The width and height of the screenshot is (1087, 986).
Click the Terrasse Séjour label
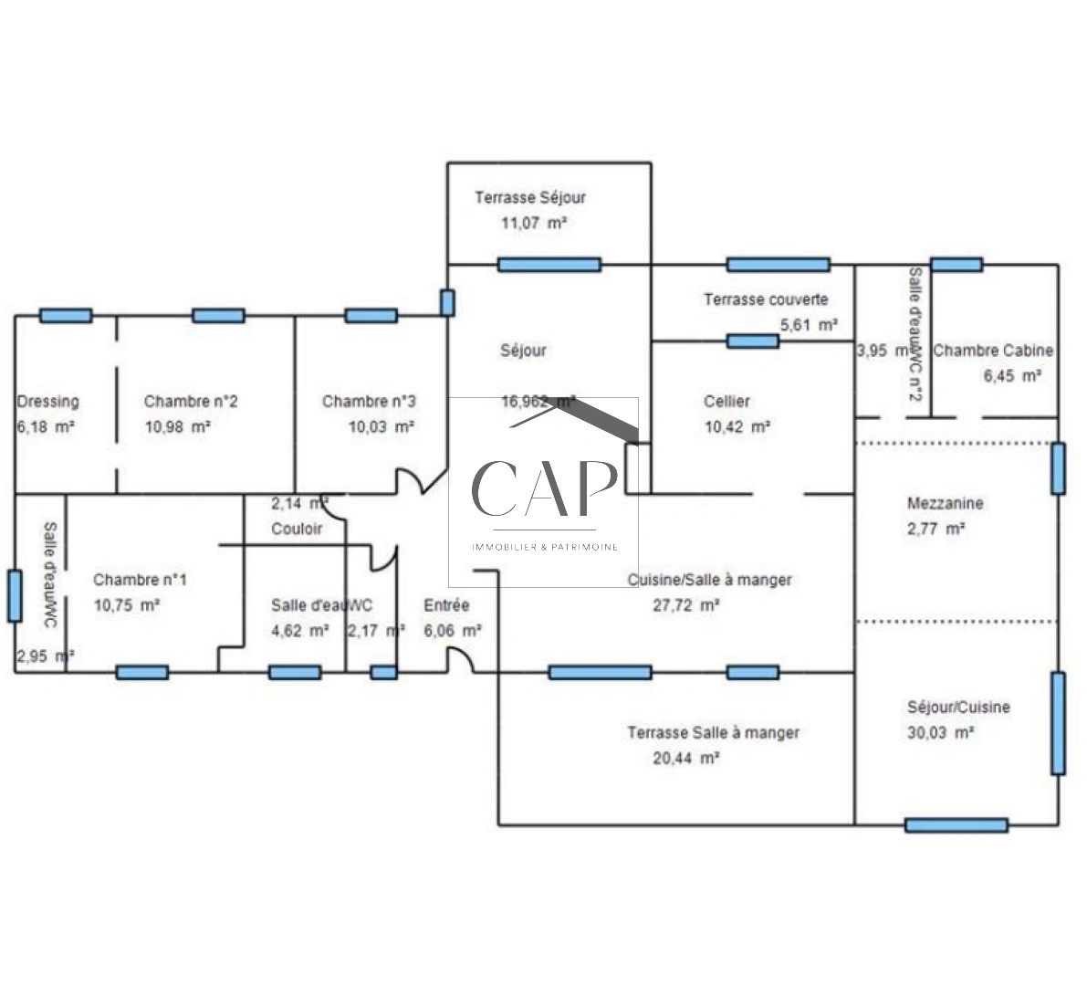pos(529,197)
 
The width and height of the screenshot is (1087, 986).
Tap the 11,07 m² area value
pos(534,222)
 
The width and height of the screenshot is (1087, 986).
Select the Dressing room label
pos(47,401)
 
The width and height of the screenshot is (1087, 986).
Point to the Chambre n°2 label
pos(191,401)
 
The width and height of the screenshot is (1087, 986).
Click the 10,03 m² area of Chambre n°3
pos(381,426)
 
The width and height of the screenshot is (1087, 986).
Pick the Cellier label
pos(726,401)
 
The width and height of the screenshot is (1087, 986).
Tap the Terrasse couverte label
pos(766,299)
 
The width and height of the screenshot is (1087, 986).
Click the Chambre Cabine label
pos(993,350)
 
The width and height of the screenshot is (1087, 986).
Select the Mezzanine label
pos(945,503)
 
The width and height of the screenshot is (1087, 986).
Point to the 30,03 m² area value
pos(940,732)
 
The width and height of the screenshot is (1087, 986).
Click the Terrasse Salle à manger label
pos(713,732)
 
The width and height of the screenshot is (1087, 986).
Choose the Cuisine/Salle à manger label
pos(709,580)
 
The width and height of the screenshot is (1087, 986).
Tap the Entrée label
pos(446,605)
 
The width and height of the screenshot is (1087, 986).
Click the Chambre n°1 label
pos(141,580)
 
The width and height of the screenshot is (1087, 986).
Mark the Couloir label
pos(297,529)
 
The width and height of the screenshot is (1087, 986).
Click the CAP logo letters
pos(542,488)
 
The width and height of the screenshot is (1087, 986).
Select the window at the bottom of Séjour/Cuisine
pos(956,825)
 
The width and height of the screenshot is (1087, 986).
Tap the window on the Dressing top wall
pos(66,316)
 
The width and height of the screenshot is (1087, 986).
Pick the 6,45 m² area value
pos(1012,375)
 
